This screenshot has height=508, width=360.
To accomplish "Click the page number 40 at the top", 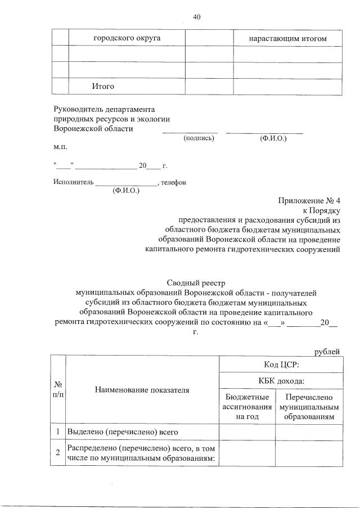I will pyautogui.click(x=197, y=17).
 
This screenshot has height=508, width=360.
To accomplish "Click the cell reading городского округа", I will pyautogui.click(x=127, y=38).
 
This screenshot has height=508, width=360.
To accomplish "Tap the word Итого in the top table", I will pyautogui.click(x=103, y=87).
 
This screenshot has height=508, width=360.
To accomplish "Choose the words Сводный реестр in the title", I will pyautogui.click(x=196, y=283).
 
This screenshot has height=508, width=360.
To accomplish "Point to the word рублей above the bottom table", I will pyautogui.click(x=327, y=352).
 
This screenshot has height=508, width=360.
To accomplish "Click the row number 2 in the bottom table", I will pyautogui.click(x=58, y=453).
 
